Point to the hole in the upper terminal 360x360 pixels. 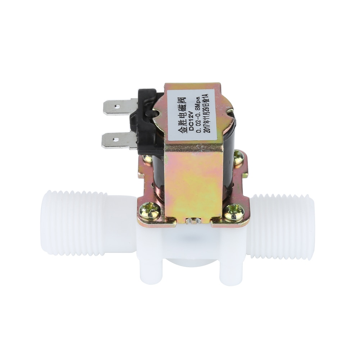(x=116, y=106)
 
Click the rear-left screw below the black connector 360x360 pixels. (x=147, y=159)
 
